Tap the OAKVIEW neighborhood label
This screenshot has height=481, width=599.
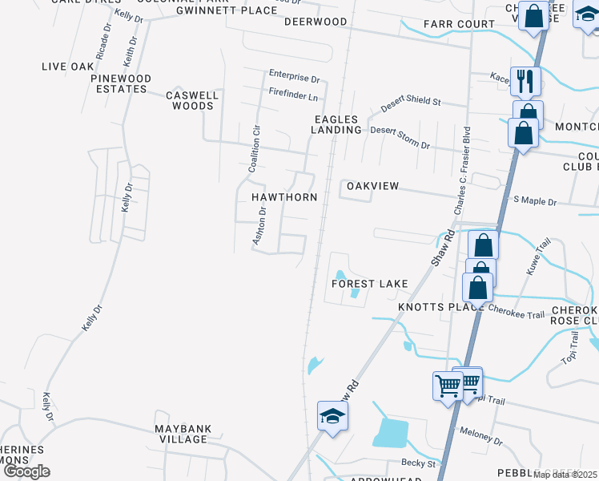[x=372, y=186]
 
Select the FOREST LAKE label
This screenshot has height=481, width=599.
[x=371, y=284]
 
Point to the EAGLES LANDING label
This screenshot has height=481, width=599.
[x=337, y=124]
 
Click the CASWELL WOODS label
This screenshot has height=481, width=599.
[x=192, y=100]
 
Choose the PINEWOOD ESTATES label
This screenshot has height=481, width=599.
[x=119, y=83]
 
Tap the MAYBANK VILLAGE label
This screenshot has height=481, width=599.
[x=183, y=434]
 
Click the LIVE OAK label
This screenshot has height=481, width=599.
[x=69, y=67]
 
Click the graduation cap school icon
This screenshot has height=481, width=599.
[x=332, y=416]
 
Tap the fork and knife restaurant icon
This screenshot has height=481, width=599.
[x=525, y=80]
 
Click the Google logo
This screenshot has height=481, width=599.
[x=26, y=471]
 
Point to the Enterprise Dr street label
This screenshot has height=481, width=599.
[x=294, y=79]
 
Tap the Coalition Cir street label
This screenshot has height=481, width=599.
[x=256, y=148]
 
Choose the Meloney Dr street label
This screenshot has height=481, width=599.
[x=481, y=436]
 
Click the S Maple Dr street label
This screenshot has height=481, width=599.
[x=534, y=200]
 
